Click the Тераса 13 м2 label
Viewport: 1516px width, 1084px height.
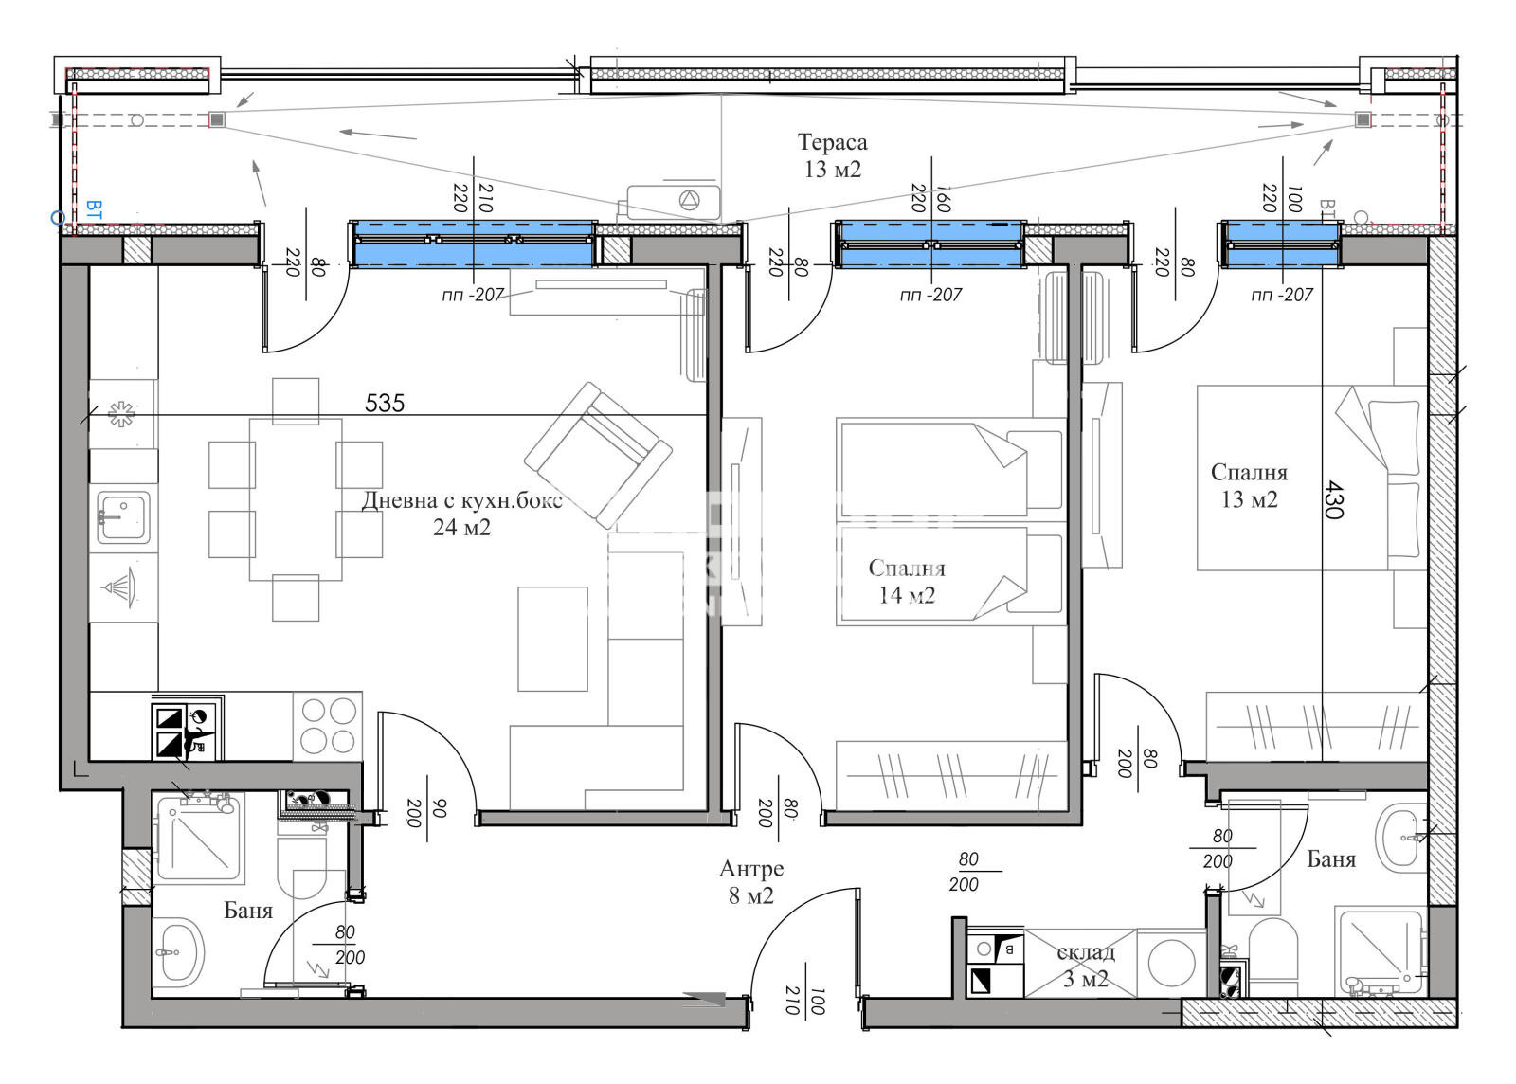[x=832, y=155]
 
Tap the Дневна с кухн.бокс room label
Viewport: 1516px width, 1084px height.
[x=461, y=500]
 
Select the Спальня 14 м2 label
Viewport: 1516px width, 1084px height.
[x=906, y=581]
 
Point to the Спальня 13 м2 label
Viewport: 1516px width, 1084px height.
[x=1249, y=485]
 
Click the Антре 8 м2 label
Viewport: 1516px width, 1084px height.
[x=750, y=881]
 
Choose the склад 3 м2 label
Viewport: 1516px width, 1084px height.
[x=1086, y=965]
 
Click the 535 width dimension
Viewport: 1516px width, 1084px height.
[x=385, y=404]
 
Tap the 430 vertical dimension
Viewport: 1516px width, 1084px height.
[x=1332, y=499]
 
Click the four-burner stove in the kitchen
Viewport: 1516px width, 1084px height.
[x=328, y=726]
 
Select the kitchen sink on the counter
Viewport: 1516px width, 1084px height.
[x=123, y=517]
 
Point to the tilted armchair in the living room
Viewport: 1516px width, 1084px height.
[x=598, y=455]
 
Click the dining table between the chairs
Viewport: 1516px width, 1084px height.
[x=295, y=499]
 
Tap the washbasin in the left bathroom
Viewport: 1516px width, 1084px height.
[x=178, y=950]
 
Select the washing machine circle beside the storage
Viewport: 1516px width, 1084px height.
[x=1171, y=964]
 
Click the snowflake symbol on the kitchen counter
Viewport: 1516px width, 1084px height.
[x=121, y=413]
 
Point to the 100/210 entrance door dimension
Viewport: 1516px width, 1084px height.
[x=804, y=1000]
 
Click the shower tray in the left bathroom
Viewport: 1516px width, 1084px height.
[x=199, y=839]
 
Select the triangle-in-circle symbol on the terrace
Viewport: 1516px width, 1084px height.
[x=689, y=200]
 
